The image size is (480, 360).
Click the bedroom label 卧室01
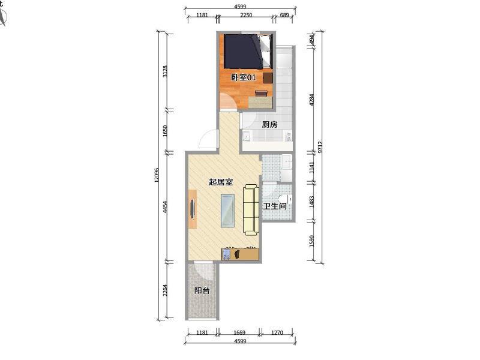[x=243, y=77]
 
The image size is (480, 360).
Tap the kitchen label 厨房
[x=269, y=125]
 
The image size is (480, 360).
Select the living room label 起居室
[x=221, y=182]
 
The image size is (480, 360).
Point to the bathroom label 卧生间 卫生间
[x=275, y=206]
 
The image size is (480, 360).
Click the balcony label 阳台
[x=202, y=290]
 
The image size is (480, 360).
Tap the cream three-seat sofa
[x=251, y=209]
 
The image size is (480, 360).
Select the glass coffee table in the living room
[x=228, y=211]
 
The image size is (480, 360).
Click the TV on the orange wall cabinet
[x=193, y=209]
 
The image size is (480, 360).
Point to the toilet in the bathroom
[x=286, y=199]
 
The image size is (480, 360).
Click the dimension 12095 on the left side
[x=157, y=175]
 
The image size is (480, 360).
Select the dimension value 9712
[x=320, y=147]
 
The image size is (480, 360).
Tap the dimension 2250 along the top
[x=246, y=15]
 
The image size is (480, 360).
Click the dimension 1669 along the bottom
[x=239, y=332]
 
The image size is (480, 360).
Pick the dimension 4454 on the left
[x=166, y=207]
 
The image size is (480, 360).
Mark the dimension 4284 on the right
[x=311, y=100]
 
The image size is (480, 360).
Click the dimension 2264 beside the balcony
[x=166, y=290]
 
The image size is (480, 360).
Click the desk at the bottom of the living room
[x=241, y=254]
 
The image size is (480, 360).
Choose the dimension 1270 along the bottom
[x=277, y=332]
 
